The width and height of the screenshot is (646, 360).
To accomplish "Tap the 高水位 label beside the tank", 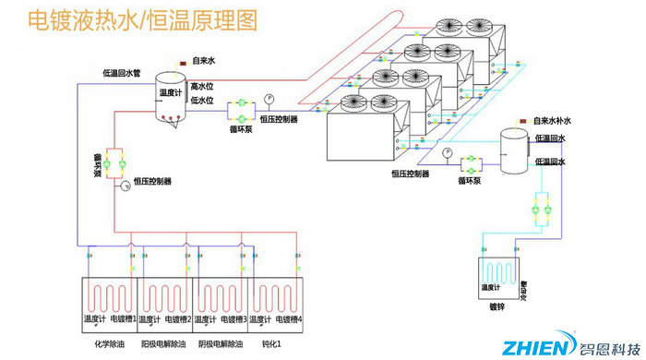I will pyautogui.click(x=202, y=87).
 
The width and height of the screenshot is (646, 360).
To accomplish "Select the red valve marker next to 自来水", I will pyautogui.click(x=185, y=62).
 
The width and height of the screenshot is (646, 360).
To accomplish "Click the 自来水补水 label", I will pyautogui.click(x=554, y=121).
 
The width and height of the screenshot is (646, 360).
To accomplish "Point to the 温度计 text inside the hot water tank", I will pyautogui.click(x=172, y=92).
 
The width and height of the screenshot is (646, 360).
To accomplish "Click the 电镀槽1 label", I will pyautogui.click(x=123, y=319).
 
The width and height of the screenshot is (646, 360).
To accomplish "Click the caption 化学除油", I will pyautogui.click(x=111, y=343).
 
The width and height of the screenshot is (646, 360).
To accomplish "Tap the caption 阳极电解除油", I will pyautogui.click(x=167, y=343).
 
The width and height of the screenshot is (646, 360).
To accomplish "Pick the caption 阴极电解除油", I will pyautogui.click(x=221, y=343).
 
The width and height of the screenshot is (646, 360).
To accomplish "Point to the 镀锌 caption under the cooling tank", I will pyautogui.click(x=498, y=306).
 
